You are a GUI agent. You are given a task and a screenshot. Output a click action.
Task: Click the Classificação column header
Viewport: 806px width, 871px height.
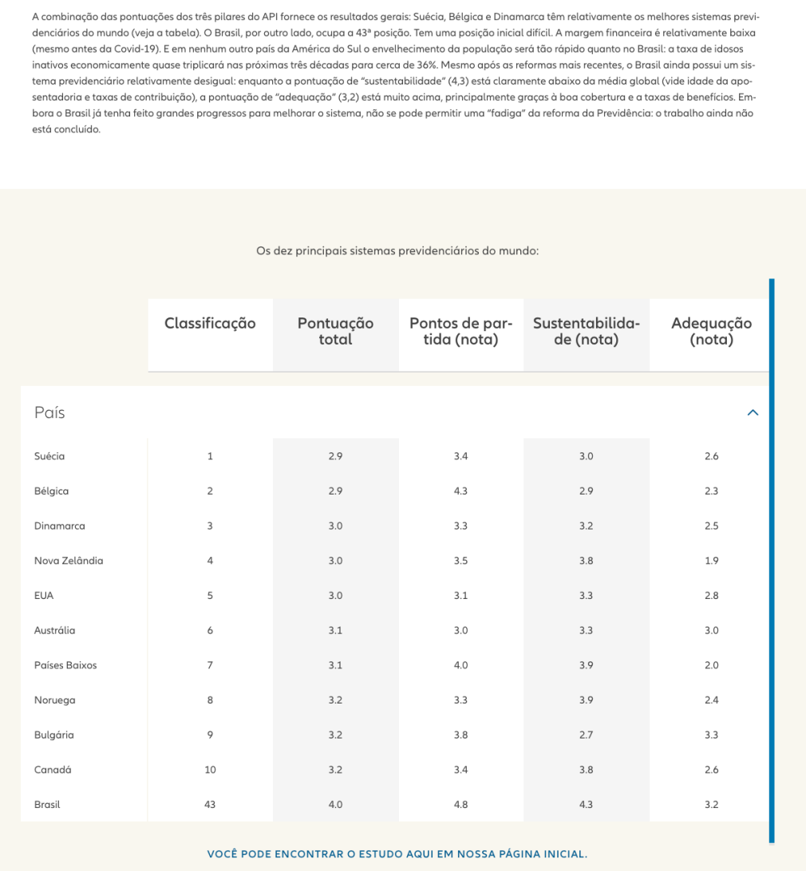coord(210,323)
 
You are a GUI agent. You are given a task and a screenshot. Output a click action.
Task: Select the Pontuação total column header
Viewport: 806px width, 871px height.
coord(335,331)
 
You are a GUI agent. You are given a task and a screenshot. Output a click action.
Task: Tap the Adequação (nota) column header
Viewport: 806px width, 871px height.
coord(711,331)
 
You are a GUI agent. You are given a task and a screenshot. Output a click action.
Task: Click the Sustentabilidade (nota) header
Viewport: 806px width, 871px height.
coord(586,331)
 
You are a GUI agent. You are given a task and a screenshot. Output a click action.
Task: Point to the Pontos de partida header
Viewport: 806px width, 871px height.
coord(460,331)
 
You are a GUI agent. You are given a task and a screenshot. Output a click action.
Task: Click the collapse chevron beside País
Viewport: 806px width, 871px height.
coord(753,412)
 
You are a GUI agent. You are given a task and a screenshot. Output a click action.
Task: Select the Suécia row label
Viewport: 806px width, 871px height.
coord(49,456)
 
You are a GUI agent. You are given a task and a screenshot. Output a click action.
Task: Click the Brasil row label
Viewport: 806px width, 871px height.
coord(47,805)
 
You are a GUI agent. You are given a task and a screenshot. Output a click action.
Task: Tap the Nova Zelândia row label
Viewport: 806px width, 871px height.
coord(69,561)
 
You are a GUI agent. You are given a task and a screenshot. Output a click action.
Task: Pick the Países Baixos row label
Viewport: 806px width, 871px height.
coord(65,665)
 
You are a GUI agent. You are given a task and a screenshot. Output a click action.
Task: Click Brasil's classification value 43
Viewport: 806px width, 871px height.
coord(210,805)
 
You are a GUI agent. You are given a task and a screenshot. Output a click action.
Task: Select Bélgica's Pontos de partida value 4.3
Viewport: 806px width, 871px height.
coord(460,491)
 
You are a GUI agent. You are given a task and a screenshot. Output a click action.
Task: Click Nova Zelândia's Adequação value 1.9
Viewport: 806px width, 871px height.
coord(711,561)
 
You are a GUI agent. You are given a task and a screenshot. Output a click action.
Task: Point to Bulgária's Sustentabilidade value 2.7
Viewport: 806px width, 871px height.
coord(586,735)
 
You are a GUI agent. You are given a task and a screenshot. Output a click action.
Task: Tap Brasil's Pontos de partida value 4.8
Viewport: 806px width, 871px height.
coord(460,805)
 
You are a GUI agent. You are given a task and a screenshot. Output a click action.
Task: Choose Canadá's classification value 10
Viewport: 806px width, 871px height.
coord(210,770)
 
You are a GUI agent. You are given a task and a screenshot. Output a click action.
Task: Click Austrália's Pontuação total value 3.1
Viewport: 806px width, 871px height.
coord(335,630)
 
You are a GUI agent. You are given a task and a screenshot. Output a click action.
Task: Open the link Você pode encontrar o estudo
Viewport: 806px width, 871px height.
coord(397,854)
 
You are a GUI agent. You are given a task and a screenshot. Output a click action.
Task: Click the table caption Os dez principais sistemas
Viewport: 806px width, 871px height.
coord(397,250)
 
